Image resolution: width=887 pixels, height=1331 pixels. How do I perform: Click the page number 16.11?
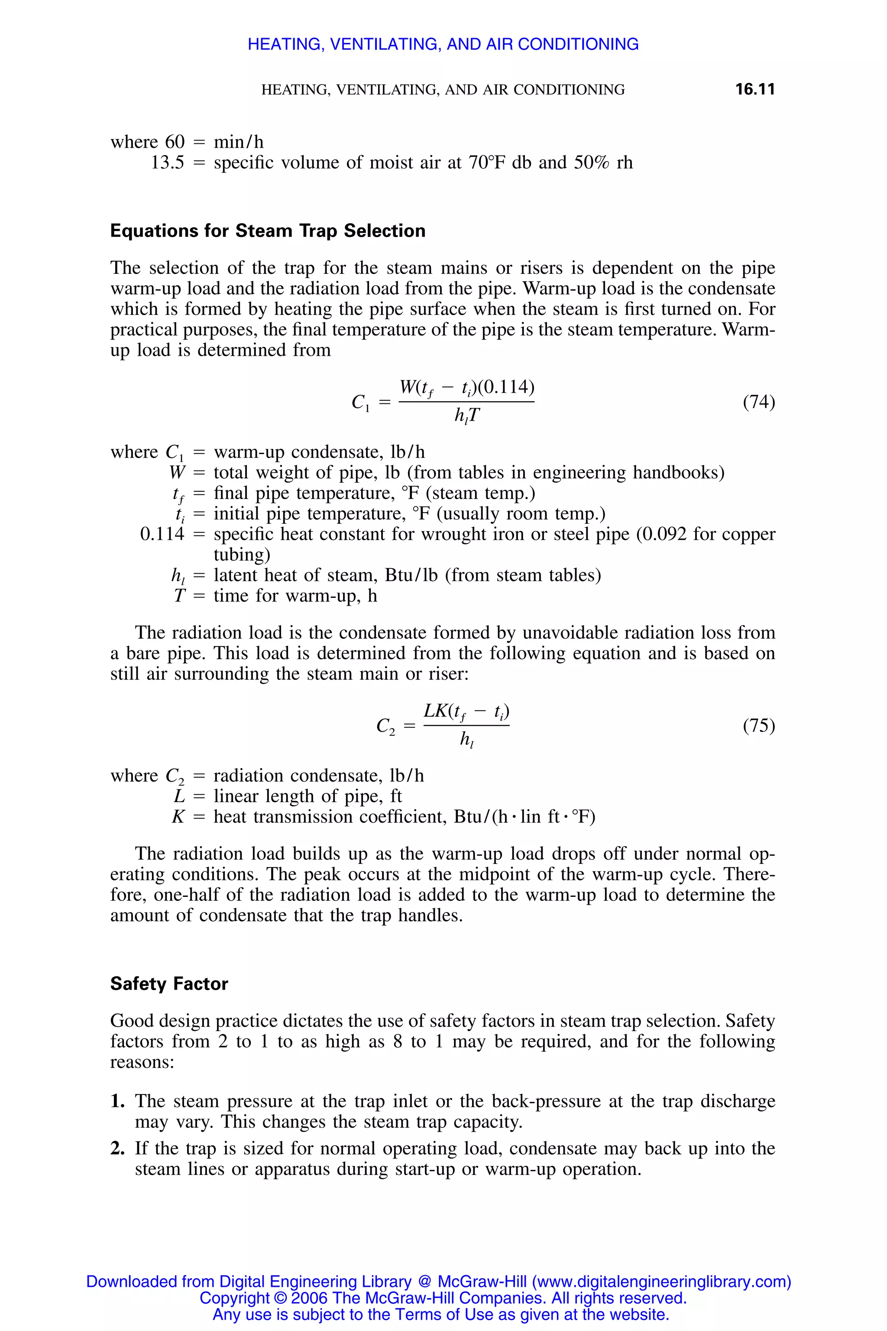[x=754, y=89]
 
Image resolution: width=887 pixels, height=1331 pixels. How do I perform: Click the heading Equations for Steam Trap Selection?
[x=268, y=231]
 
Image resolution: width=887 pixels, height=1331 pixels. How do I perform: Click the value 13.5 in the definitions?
[x=168, y=162]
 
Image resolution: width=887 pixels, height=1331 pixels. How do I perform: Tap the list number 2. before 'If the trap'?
[x=117, y=1148]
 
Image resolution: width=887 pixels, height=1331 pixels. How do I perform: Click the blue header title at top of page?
[x=443, y=44]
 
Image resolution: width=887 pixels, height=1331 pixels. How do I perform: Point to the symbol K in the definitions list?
[x=178, y=817]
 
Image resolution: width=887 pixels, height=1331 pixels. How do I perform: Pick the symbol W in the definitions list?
[x=177, y=473]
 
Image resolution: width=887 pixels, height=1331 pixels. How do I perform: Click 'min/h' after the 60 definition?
[x=238, y=142]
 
